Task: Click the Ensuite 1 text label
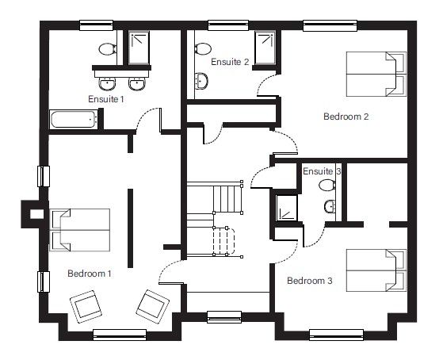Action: click(x=106, y=99)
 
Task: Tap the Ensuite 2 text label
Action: click(x=230, y=61)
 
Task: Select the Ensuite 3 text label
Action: click(x=322, y=170)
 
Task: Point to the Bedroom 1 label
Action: click(x=89, y=274)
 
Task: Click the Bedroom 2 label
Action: click(x=346, y=117)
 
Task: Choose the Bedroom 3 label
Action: click(x=309, y=280)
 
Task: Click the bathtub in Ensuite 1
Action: click(x=73, y=121)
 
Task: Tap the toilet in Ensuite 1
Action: click(x=106, y=48)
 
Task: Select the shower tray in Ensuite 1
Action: click(x=139, y=48)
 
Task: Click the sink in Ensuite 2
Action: click(x=201, y=80)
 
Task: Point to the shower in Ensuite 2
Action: click(x=264, y=48)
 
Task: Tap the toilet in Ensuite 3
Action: click(x=326, y=185)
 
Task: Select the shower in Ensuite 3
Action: click(x=284, y=206)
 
